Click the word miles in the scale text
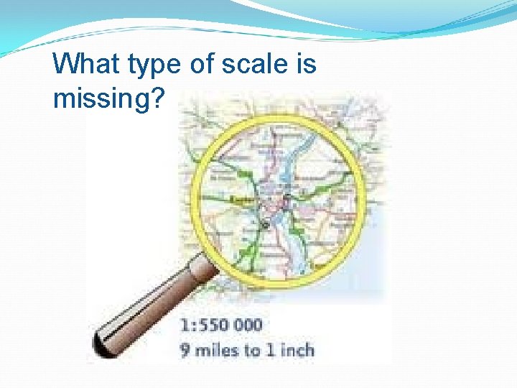coord(215,350)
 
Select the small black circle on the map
coord(263,225)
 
